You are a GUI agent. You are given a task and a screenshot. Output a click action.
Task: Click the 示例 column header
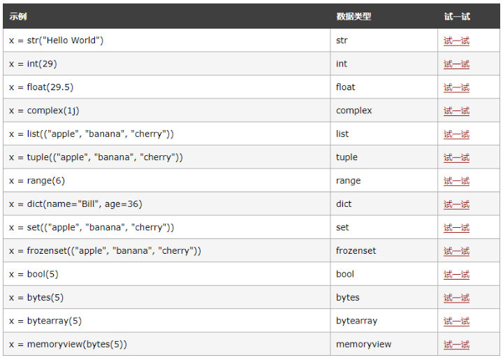click(x=18, y=16)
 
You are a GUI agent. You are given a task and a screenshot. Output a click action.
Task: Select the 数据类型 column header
click(x=353, y=16)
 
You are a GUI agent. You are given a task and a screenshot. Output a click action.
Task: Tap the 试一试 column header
click(x=456, y=16)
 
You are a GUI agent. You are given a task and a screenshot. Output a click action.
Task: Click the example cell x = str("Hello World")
click(x=57, y=41)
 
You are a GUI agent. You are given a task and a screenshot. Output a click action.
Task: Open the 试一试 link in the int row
click(x=456, y=64)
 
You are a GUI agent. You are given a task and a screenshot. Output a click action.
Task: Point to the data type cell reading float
click(x=345, y=87)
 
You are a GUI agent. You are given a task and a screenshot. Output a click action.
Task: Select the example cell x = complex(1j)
click(x=49, y=110)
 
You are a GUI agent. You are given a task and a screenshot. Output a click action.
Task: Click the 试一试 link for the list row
click(x=456, y=134)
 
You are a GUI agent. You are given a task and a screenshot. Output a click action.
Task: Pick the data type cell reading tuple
click(x=347, y=157)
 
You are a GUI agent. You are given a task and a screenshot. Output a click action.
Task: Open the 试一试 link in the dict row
click(x=456, y=204)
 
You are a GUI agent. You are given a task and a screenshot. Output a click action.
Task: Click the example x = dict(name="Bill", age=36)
click(x=75, y=204)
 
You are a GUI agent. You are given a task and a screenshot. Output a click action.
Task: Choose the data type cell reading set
click(x=342, y=227)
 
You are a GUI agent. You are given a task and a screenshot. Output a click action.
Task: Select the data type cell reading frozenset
click(x=356, y=251)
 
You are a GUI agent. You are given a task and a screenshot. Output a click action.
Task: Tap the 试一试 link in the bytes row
click(x=456, y=298)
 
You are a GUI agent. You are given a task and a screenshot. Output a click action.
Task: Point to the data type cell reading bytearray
click(x=356, y=321)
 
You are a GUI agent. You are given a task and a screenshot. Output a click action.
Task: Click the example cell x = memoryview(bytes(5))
click(x=68, y=344)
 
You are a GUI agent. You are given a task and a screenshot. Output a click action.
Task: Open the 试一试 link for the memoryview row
click(x=456, y=345)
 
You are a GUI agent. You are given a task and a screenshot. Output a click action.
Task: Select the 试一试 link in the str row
click(x=456, y=41)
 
